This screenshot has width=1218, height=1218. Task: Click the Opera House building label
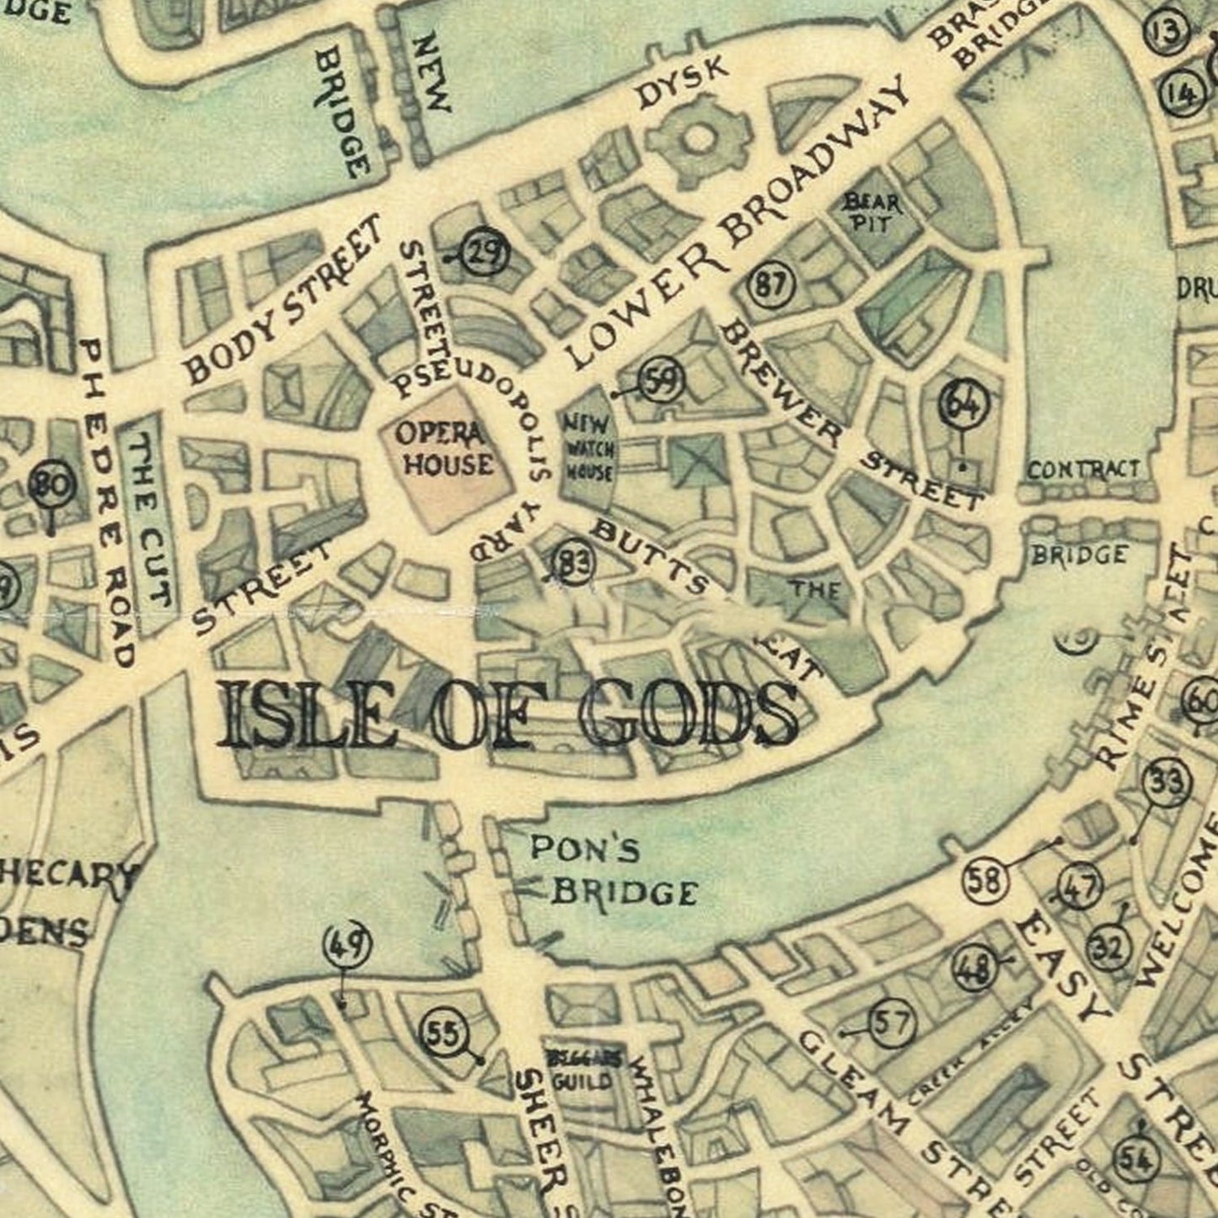click(x=444, y=449)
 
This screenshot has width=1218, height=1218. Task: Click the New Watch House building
click(x=588, y=447)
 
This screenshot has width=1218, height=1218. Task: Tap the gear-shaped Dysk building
click(x=697, y=140)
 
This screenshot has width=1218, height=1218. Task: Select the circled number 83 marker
click(x=575, y=562)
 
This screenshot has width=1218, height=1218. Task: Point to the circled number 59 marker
click(x=662, y=382)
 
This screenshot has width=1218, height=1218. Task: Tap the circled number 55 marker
click(x=443, y=1033)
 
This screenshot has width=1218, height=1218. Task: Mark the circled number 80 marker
click(x=52, y=486)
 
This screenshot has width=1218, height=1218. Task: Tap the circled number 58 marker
click(x=985, y=881)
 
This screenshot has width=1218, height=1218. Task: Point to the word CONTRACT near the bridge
click(x=1082, y=469)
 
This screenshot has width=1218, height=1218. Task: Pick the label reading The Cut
click(x=151, y=522)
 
